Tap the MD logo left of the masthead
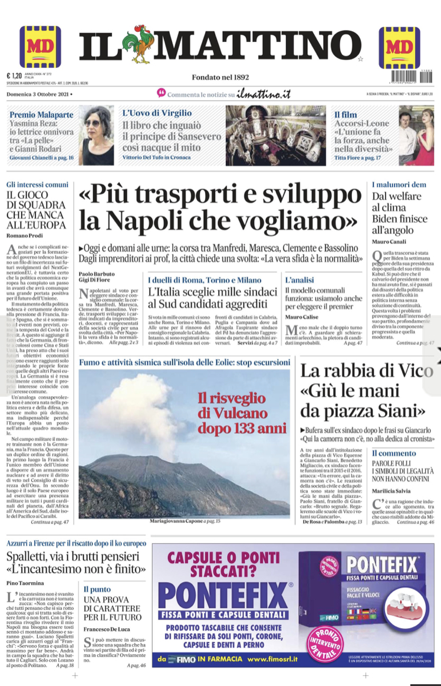(x=40, y=47)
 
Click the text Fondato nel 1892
(x=220, y=77)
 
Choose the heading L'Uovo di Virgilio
(x=156, y=113)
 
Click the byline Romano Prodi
(x=23, y=236)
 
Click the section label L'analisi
(x=300, y=279)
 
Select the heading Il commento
(x=394, y=453)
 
